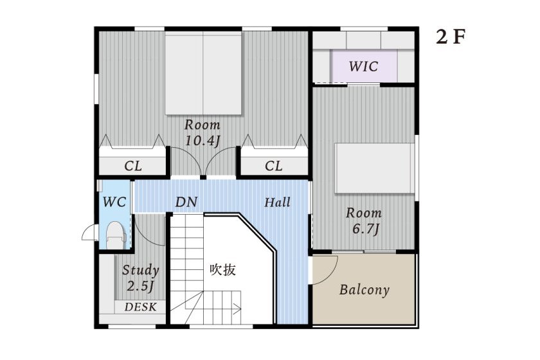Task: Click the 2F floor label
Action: pos(450,37)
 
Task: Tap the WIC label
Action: pos(363,66)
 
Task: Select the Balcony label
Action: pos(364,289)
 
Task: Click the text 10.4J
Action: pos(203,141)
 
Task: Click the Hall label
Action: pos(278,203)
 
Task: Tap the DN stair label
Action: pos(186,203)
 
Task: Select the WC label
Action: pos(114,203)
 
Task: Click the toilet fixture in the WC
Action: pos(114,235)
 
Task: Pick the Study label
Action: pos(140,270)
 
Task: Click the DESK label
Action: pos(140,307)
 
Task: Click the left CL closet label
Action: pos(133,166)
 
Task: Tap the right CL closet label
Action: pos(274,166)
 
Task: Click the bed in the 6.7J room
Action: pos(373,167)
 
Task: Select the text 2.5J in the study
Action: pos(140,285)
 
